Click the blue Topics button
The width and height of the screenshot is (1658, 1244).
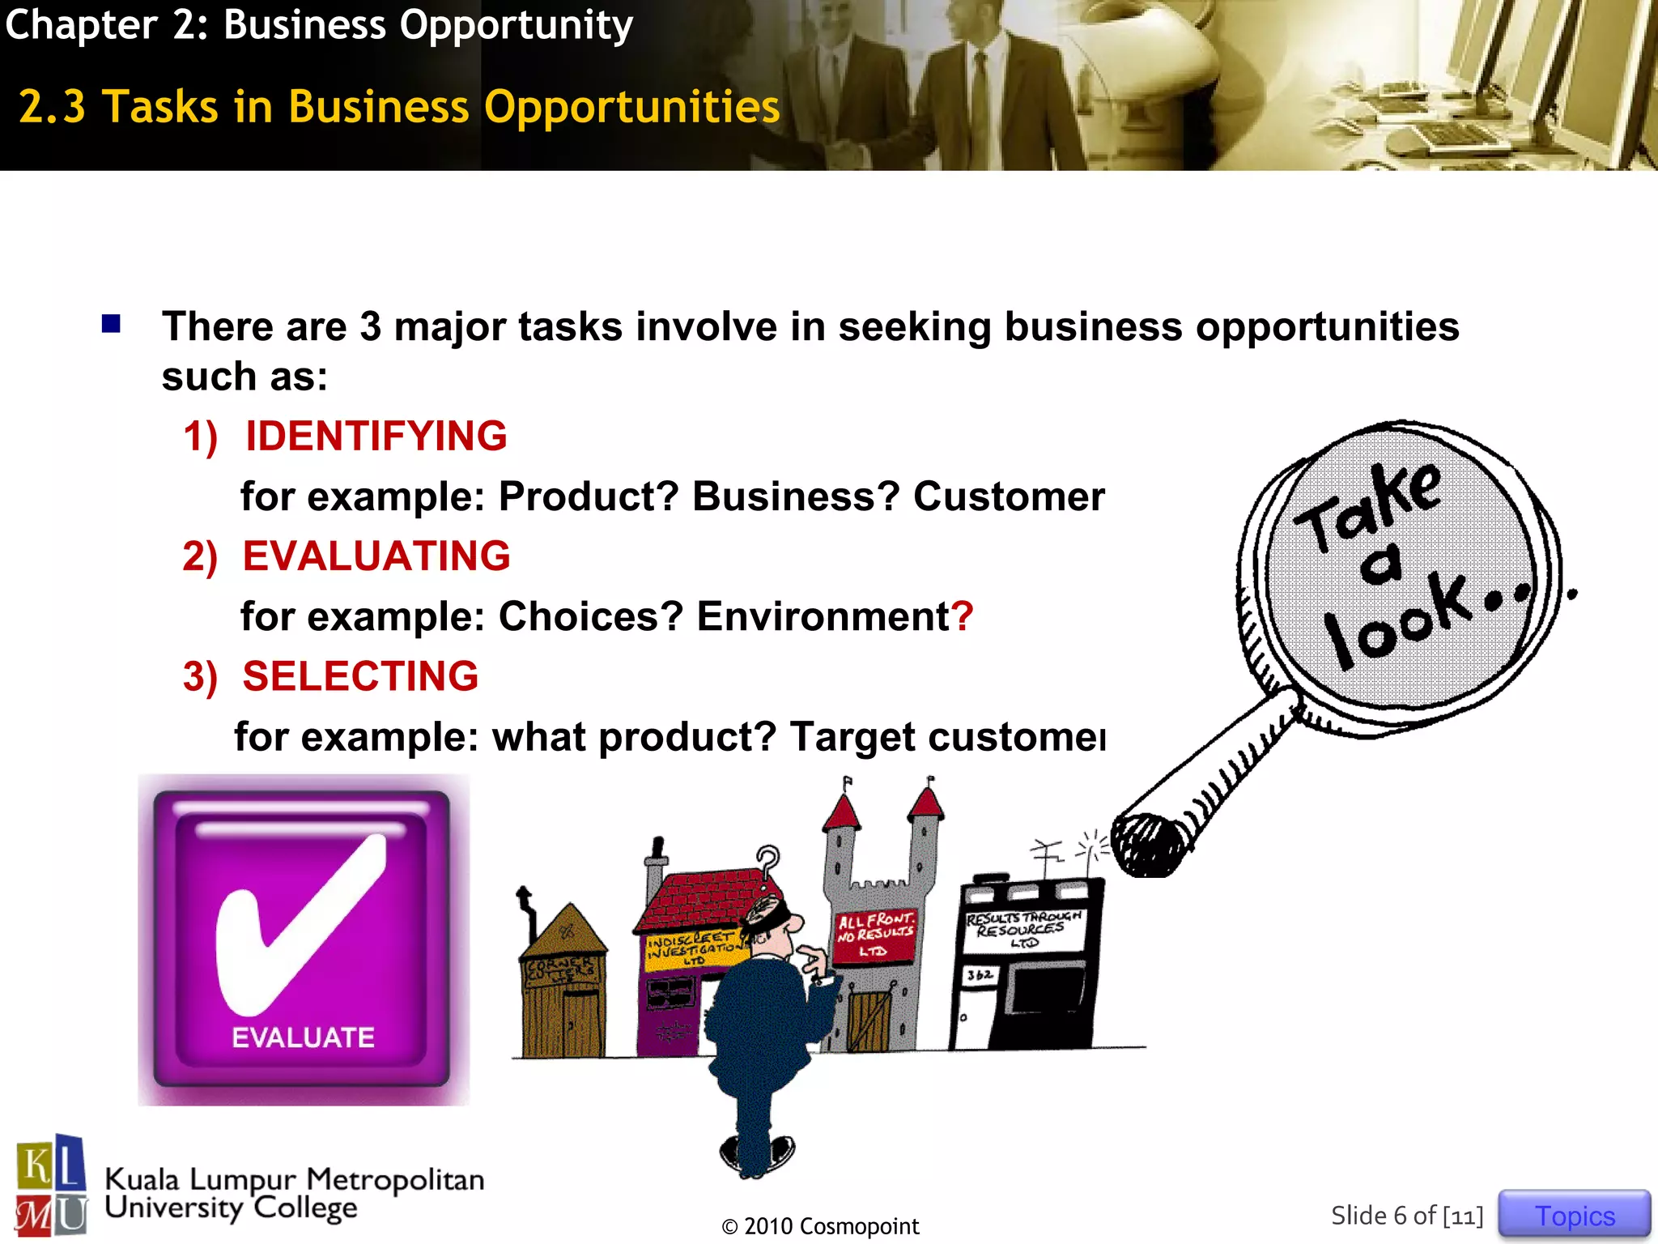point(1574,1215)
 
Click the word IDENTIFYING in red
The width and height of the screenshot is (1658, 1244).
point(376,436)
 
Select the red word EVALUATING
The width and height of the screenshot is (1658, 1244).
point(376,556)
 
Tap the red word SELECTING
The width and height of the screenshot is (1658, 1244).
point(360,676)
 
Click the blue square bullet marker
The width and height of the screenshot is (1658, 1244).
point(111,324)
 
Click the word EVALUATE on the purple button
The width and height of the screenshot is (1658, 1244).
point(303,1037)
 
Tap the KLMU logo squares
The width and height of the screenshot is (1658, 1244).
point(51,1186)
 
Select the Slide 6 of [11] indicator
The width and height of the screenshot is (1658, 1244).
point(1407,1216)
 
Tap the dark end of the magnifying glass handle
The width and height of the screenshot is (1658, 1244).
point(1146,846)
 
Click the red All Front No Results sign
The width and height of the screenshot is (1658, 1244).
point(874,935)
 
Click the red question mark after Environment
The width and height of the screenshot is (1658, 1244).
point(962,616)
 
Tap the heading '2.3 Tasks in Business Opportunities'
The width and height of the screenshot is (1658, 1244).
point(399,107)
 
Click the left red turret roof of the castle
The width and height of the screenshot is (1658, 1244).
point(842,811)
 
